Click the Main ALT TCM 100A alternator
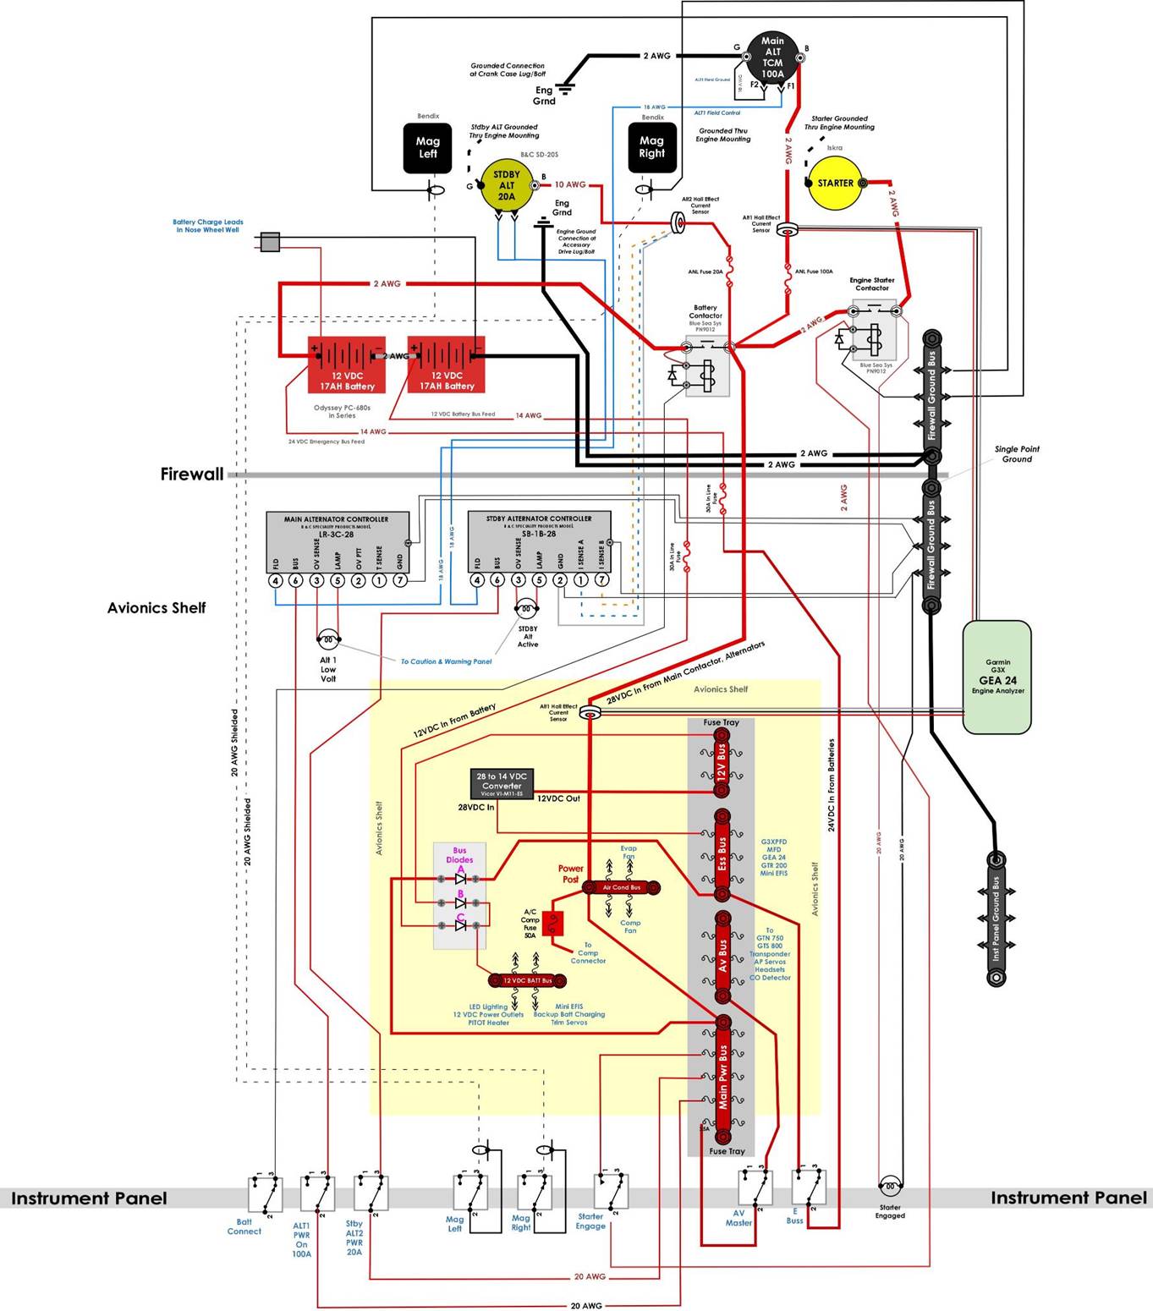coord(772,58)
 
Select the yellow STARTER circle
coord(834,183)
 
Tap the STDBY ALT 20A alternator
coord(506,186)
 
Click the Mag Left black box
coord(427,148)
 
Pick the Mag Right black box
coord(651,148)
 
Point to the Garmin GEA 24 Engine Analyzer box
coord(997,677)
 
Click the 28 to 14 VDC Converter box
coord(502,785)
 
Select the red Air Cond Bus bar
coord(621,887)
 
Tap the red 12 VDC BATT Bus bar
coord(527,980)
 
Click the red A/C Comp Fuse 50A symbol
coord(554,921)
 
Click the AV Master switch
coord(755,1188)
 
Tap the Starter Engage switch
coord(610,1191)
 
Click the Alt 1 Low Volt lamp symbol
coord(327,639)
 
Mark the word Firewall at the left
coord(192,474)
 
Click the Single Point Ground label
coord(1017,454)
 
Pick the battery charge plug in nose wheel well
coord(270,242)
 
